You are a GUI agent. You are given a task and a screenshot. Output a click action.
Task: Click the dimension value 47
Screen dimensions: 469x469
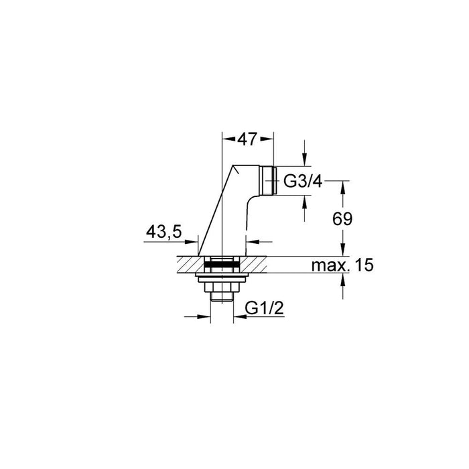[248, 140]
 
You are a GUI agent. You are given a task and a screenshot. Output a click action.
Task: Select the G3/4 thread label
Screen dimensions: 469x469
[303, 180]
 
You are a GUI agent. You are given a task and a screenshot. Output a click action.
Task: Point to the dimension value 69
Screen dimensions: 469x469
[342, 218]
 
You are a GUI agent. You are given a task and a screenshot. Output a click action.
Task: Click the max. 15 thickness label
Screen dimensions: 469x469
[342, 265]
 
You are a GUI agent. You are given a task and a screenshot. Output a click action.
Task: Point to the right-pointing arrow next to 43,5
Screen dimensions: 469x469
[194, 242]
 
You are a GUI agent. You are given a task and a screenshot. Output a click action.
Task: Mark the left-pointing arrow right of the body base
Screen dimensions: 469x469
[251, 242]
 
